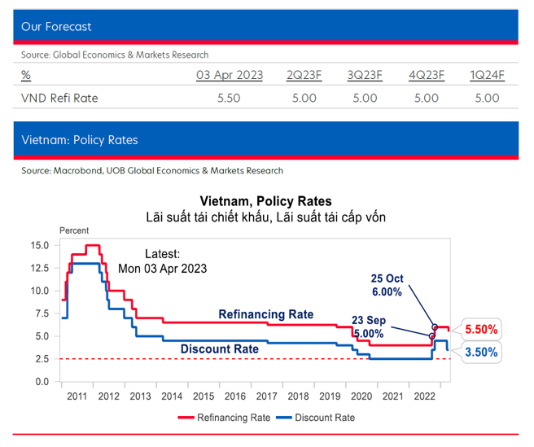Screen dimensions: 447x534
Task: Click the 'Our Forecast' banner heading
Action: coord(56,27)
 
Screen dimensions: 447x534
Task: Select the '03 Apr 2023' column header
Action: coord(230,76)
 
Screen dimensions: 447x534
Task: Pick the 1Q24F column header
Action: coord(487,76)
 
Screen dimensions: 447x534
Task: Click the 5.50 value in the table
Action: coord(230,98)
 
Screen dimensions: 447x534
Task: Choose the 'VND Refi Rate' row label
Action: coord(59,98)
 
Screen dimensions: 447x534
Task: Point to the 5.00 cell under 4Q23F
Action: coord(427,98)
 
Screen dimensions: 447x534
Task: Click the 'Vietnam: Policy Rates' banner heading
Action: coord(79,140)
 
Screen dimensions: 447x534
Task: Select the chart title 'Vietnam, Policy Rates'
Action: coord(265,201)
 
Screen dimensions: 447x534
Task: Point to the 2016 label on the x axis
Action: coord(235,397)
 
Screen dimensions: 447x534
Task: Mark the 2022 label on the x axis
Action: coord(425,397)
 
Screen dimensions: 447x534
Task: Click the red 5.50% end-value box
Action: coord(482,330)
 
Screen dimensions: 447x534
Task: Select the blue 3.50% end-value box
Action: coord(482,353)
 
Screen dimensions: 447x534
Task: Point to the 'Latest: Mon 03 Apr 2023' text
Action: coord(162,261)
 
